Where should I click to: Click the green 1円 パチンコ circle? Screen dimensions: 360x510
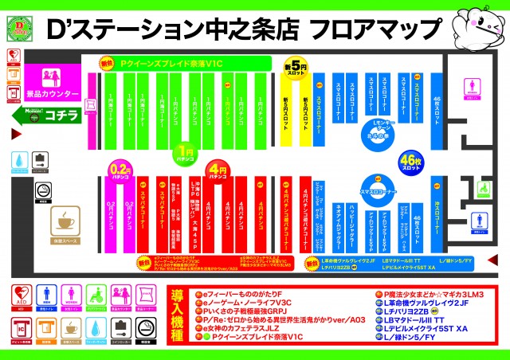(186, 152)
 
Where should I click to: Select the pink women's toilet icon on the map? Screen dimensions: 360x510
(470, 87)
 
